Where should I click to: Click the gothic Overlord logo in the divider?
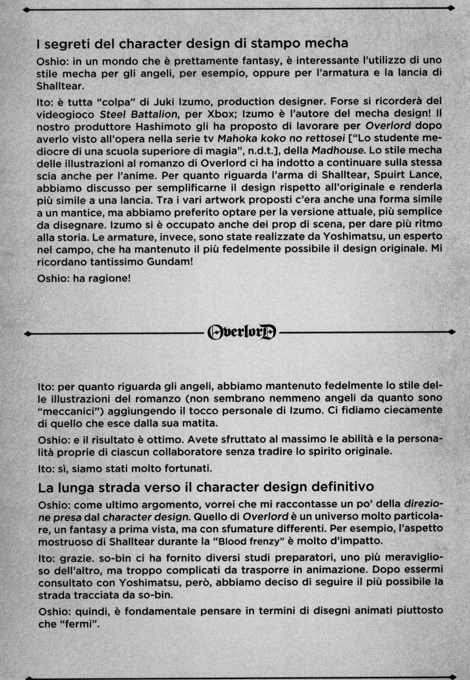pyautogui.click(x=242, y=332)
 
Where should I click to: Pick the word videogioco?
pyautogui.click(x=65, y=115)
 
